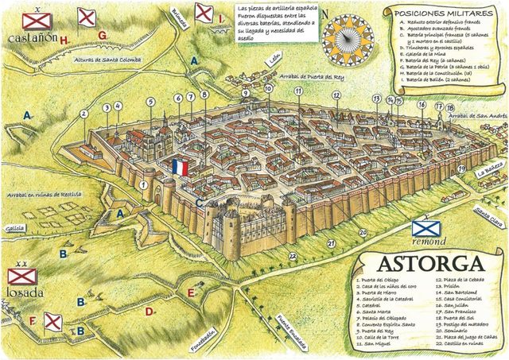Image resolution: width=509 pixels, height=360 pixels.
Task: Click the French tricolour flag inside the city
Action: (x=180, y=168)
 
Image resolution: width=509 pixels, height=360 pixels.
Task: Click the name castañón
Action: (x=30, y=37)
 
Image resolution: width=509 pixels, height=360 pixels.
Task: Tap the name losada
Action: (x=25, y=291)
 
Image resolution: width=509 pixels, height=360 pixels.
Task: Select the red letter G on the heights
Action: (x=103, y=36)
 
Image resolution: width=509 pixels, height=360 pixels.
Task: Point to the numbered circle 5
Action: (x=150, y=102)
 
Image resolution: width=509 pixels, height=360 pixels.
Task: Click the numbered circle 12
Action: (x=337, y=95)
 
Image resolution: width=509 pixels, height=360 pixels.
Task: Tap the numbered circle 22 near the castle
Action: (x=293, y=255)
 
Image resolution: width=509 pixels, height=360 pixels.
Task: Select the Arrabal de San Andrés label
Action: (x=477, y=116)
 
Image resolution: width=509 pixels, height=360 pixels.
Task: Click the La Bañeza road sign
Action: (x=488, y=172)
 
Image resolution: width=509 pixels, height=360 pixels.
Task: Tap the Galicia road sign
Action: (x=14, y=226)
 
